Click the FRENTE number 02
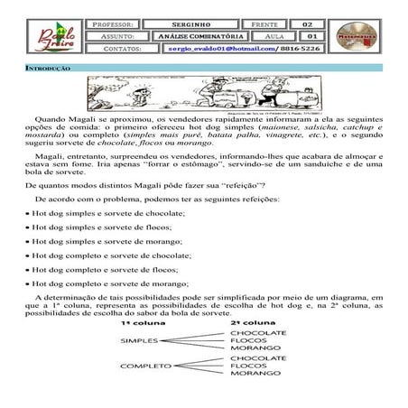307,23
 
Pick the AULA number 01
307,36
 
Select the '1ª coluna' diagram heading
138,322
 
